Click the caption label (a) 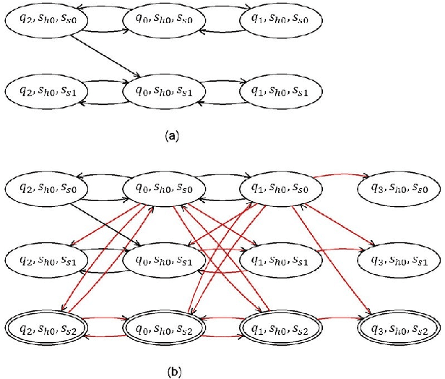click(x=171, y=135)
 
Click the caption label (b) click(x=171, y=372)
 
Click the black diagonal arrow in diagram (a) click(x=105, y=56)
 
